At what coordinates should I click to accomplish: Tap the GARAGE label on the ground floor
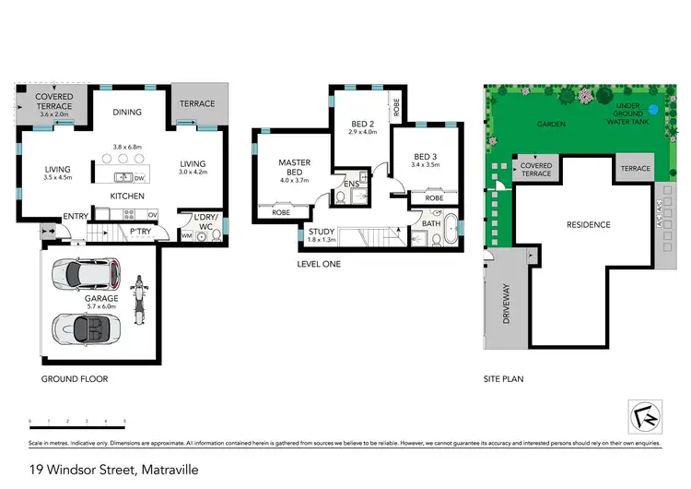[101, 299]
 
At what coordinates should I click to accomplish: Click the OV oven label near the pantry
[153, 216]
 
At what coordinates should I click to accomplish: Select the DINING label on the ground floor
[126, 113]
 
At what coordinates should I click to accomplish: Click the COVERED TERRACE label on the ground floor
[46, 101]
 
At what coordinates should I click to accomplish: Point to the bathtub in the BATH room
[450, 230]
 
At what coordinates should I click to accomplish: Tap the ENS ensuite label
[351, 184]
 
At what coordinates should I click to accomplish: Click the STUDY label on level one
[322, 232]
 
